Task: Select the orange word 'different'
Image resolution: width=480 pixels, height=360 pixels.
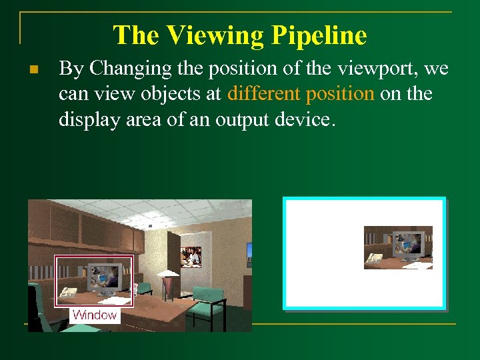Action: [264, 93]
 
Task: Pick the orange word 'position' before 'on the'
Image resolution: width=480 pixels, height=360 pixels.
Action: [340, 93]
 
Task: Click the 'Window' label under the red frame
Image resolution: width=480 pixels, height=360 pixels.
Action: [95, 315]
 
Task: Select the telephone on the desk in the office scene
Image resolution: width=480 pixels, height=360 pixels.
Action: [67, 292]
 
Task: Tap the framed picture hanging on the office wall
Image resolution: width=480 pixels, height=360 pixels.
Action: [190, 256]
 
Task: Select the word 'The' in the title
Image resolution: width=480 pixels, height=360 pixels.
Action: [137, 35]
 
